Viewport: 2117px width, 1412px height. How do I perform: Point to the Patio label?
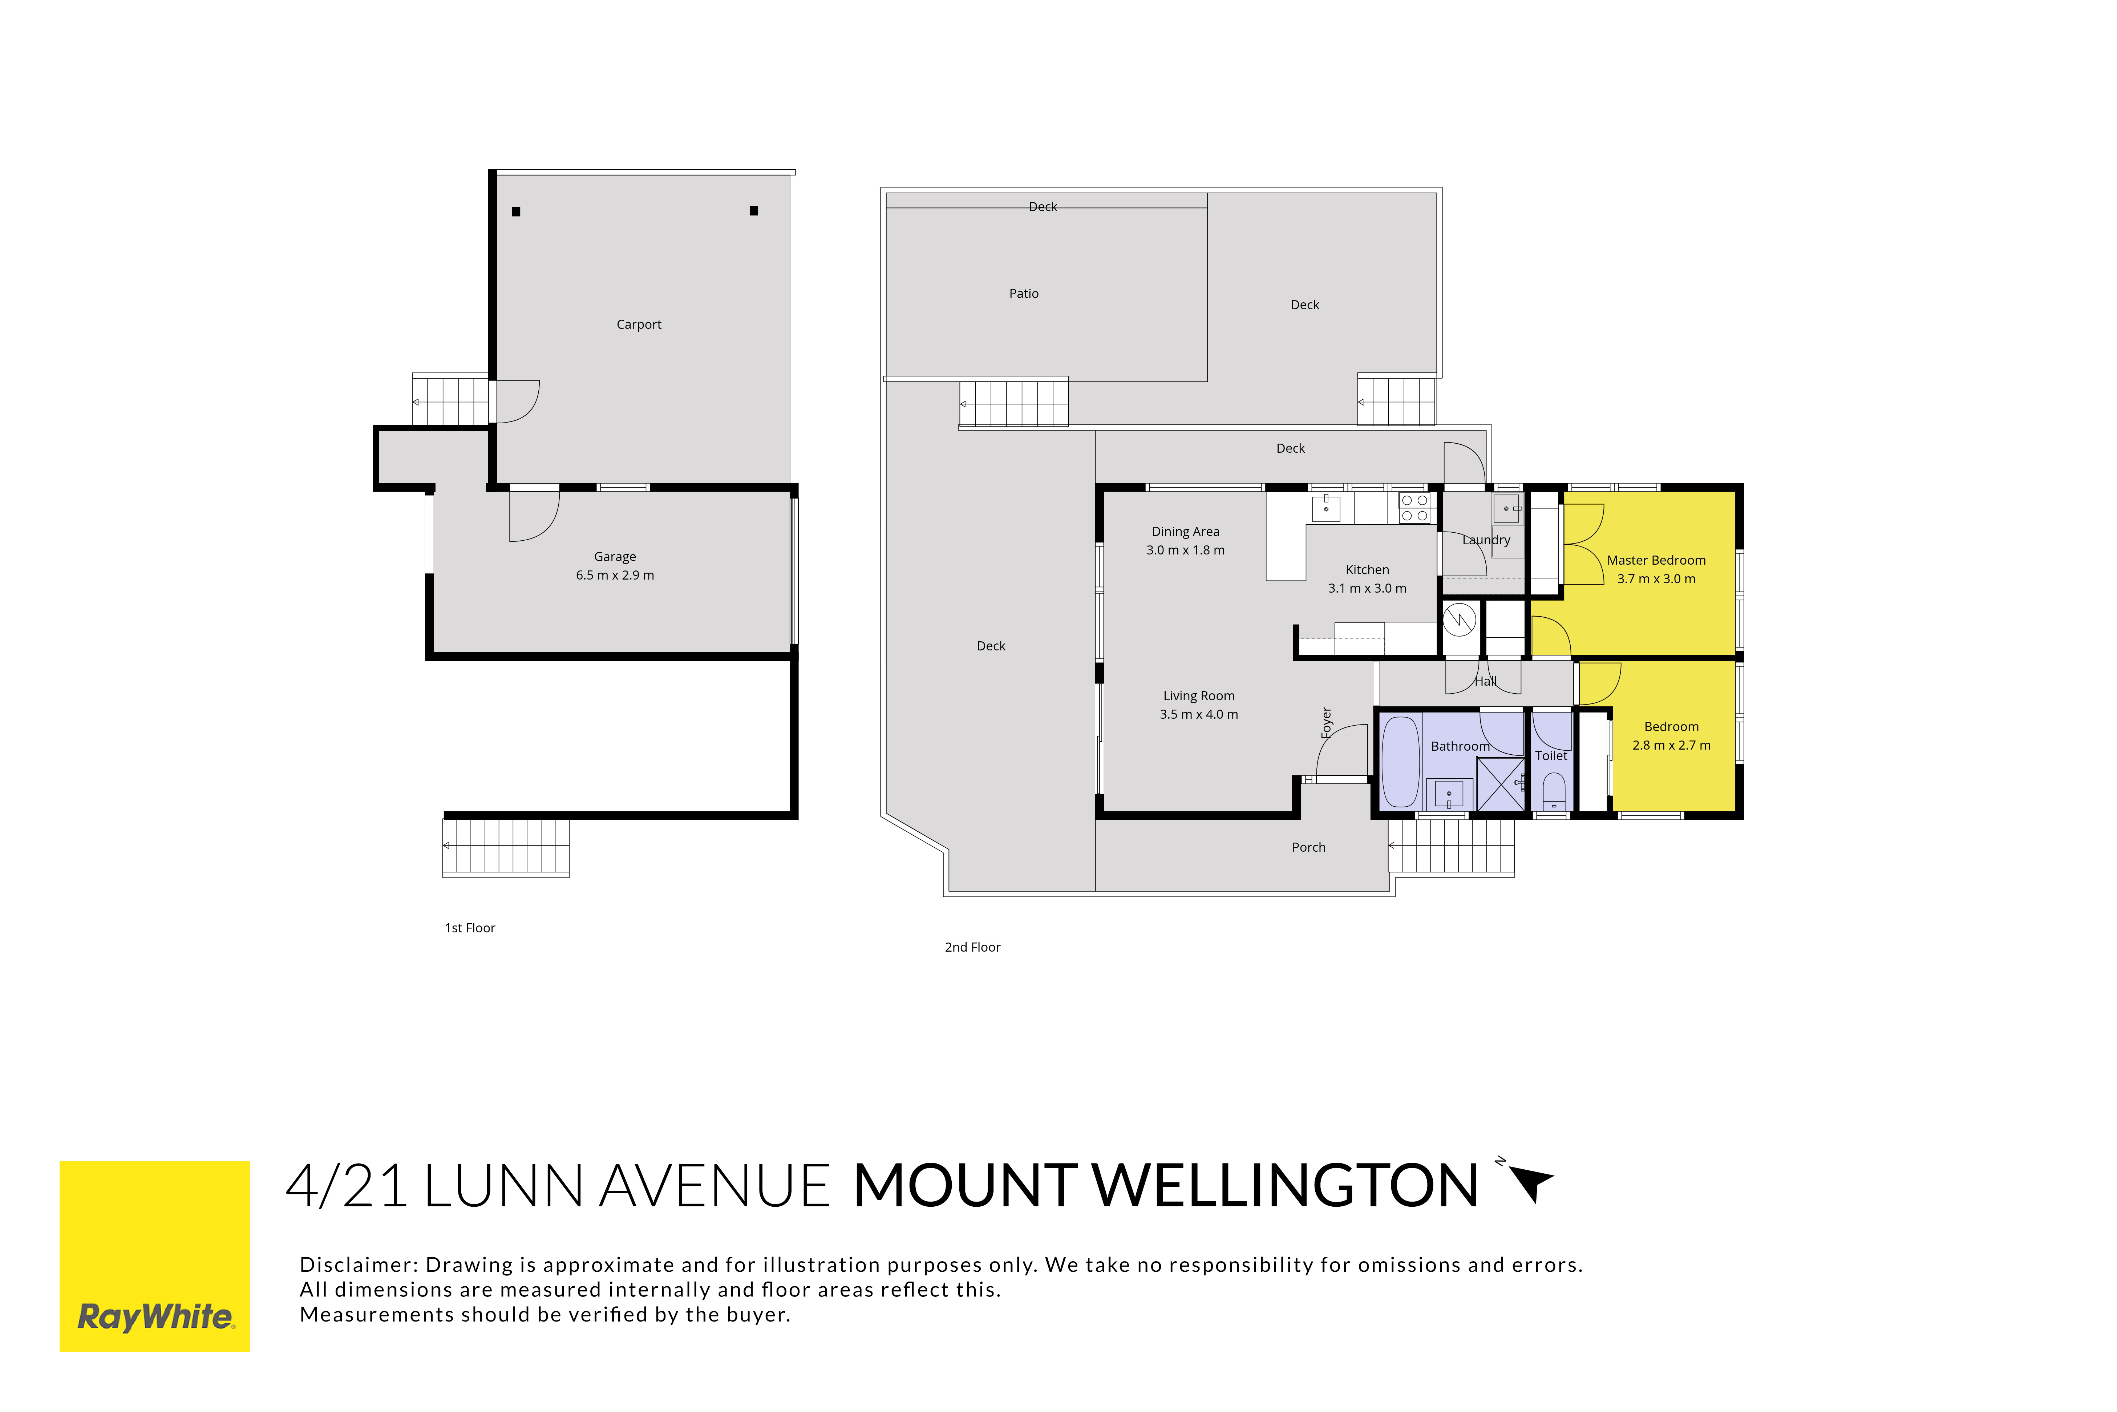coord(1023,294)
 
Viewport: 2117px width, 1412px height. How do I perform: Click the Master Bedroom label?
coord(1656,560)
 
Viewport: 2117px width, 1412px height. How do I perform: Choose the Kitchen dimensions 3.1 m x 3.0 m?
coord(1367,588)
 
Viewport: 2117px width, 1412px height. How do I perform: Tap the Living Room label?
coord(1199,696)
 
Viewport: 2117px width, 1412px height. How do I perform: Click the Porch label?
coord(1309,847)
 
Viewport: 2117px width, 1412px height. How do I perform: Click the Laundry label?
coord(1486,540)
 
